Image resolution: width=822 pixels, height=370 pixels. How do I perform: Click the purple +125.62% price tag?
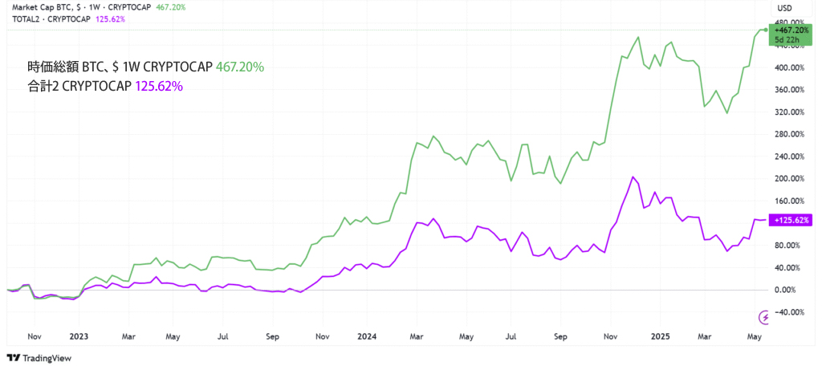tap(790, 220)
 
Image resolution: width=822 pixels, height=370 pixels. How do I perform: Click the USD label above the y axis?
tap(785, 9)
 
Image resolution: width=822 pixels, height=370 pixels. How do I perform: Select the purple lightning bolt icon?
tap(763, 317)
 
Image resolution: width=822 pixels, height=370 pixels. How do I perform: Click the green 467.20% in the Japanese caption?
tap(240, 67)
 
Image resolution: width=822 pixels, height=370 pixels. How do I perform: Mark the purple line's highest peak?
tap(633, 177)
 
